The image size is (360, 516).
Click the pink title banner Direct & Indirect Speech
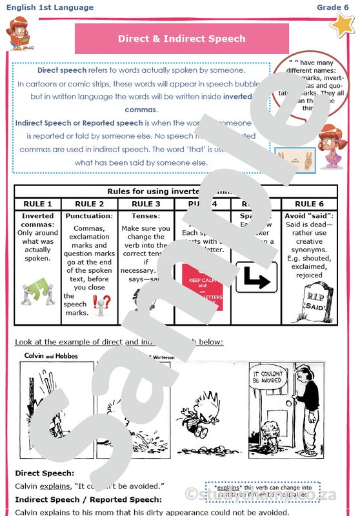(181, 39)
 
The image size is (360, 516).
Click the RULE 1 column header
(37, 204)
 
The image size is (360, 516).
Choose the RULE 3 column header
(146, 204)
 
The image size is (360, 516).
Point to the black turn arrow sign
(256, 277)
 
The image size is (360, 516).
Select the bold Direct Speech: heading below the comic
(45, 473)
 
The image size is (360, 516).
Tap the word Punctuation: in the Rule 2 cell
(89, 216)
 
